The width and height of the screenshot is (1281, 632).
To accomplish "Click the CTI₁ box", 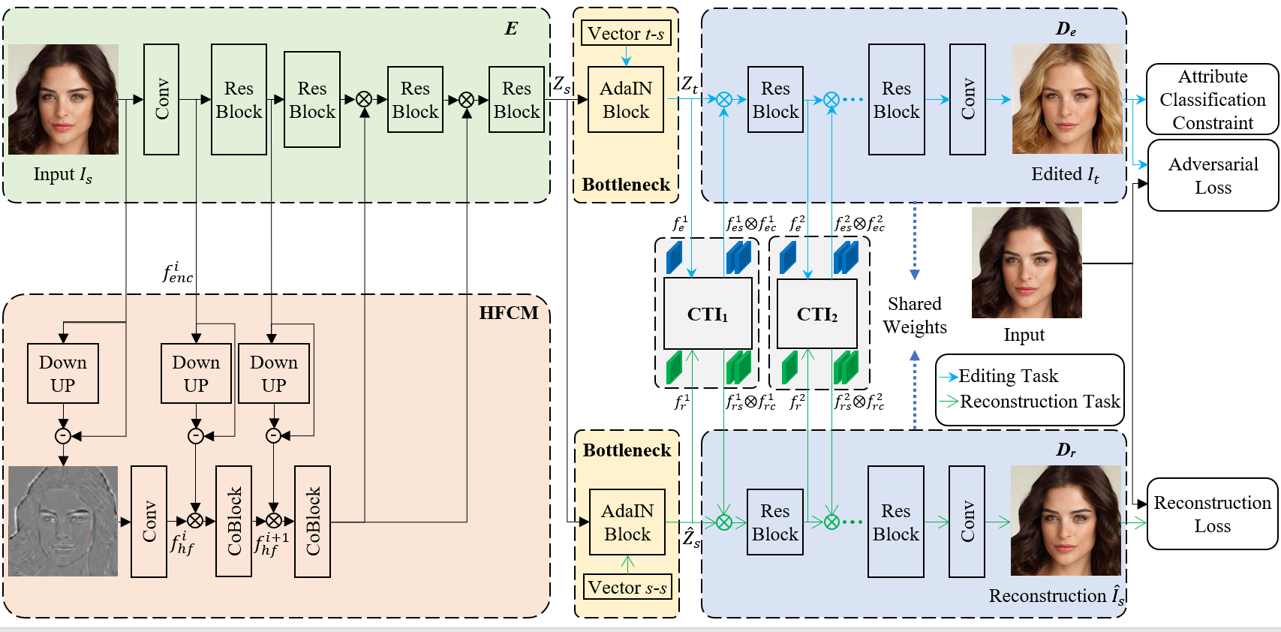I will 708,314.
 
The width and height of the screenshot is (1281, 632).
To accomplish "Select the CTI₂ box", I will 816,314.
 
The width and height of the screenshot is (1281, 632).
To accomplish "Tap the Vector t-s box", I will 626,34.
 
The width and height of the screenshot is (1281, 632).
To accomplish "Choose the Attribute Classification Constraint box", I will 1212,99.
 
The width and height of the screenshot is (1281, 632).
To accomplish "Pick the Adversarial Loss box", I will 1213,176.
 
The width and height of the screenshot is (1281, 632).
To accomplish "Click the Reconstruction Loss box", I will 1212,514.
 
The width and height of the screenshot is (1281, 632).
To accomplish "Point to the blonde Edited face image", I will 1067,99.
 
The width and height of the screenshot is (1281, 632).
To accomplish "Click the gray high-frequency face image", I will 63,521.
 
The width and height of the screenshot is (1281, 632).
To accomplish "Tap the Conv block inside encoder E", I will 161,99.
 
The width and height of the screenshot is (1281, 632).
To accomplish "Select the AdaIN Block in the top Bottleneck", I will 626,100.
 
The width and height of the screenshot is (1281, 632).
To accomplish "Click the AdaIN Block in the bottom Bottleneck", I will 627,522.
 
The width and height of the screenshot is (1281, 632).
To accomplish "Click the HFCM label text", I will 508,313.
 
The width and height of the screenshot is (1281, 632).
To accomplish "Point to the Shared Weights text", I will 914,315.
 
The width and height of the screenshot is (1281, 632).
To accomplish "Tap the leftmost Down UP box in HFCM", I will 63,373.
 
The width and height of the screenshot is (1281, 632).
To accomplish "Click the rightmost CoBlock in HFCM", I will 313,521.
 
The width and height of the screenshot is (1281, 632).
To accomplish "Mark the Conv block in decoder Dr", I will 967,521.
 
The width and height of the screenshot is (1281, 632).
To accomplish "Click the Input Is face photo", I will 63,99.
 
